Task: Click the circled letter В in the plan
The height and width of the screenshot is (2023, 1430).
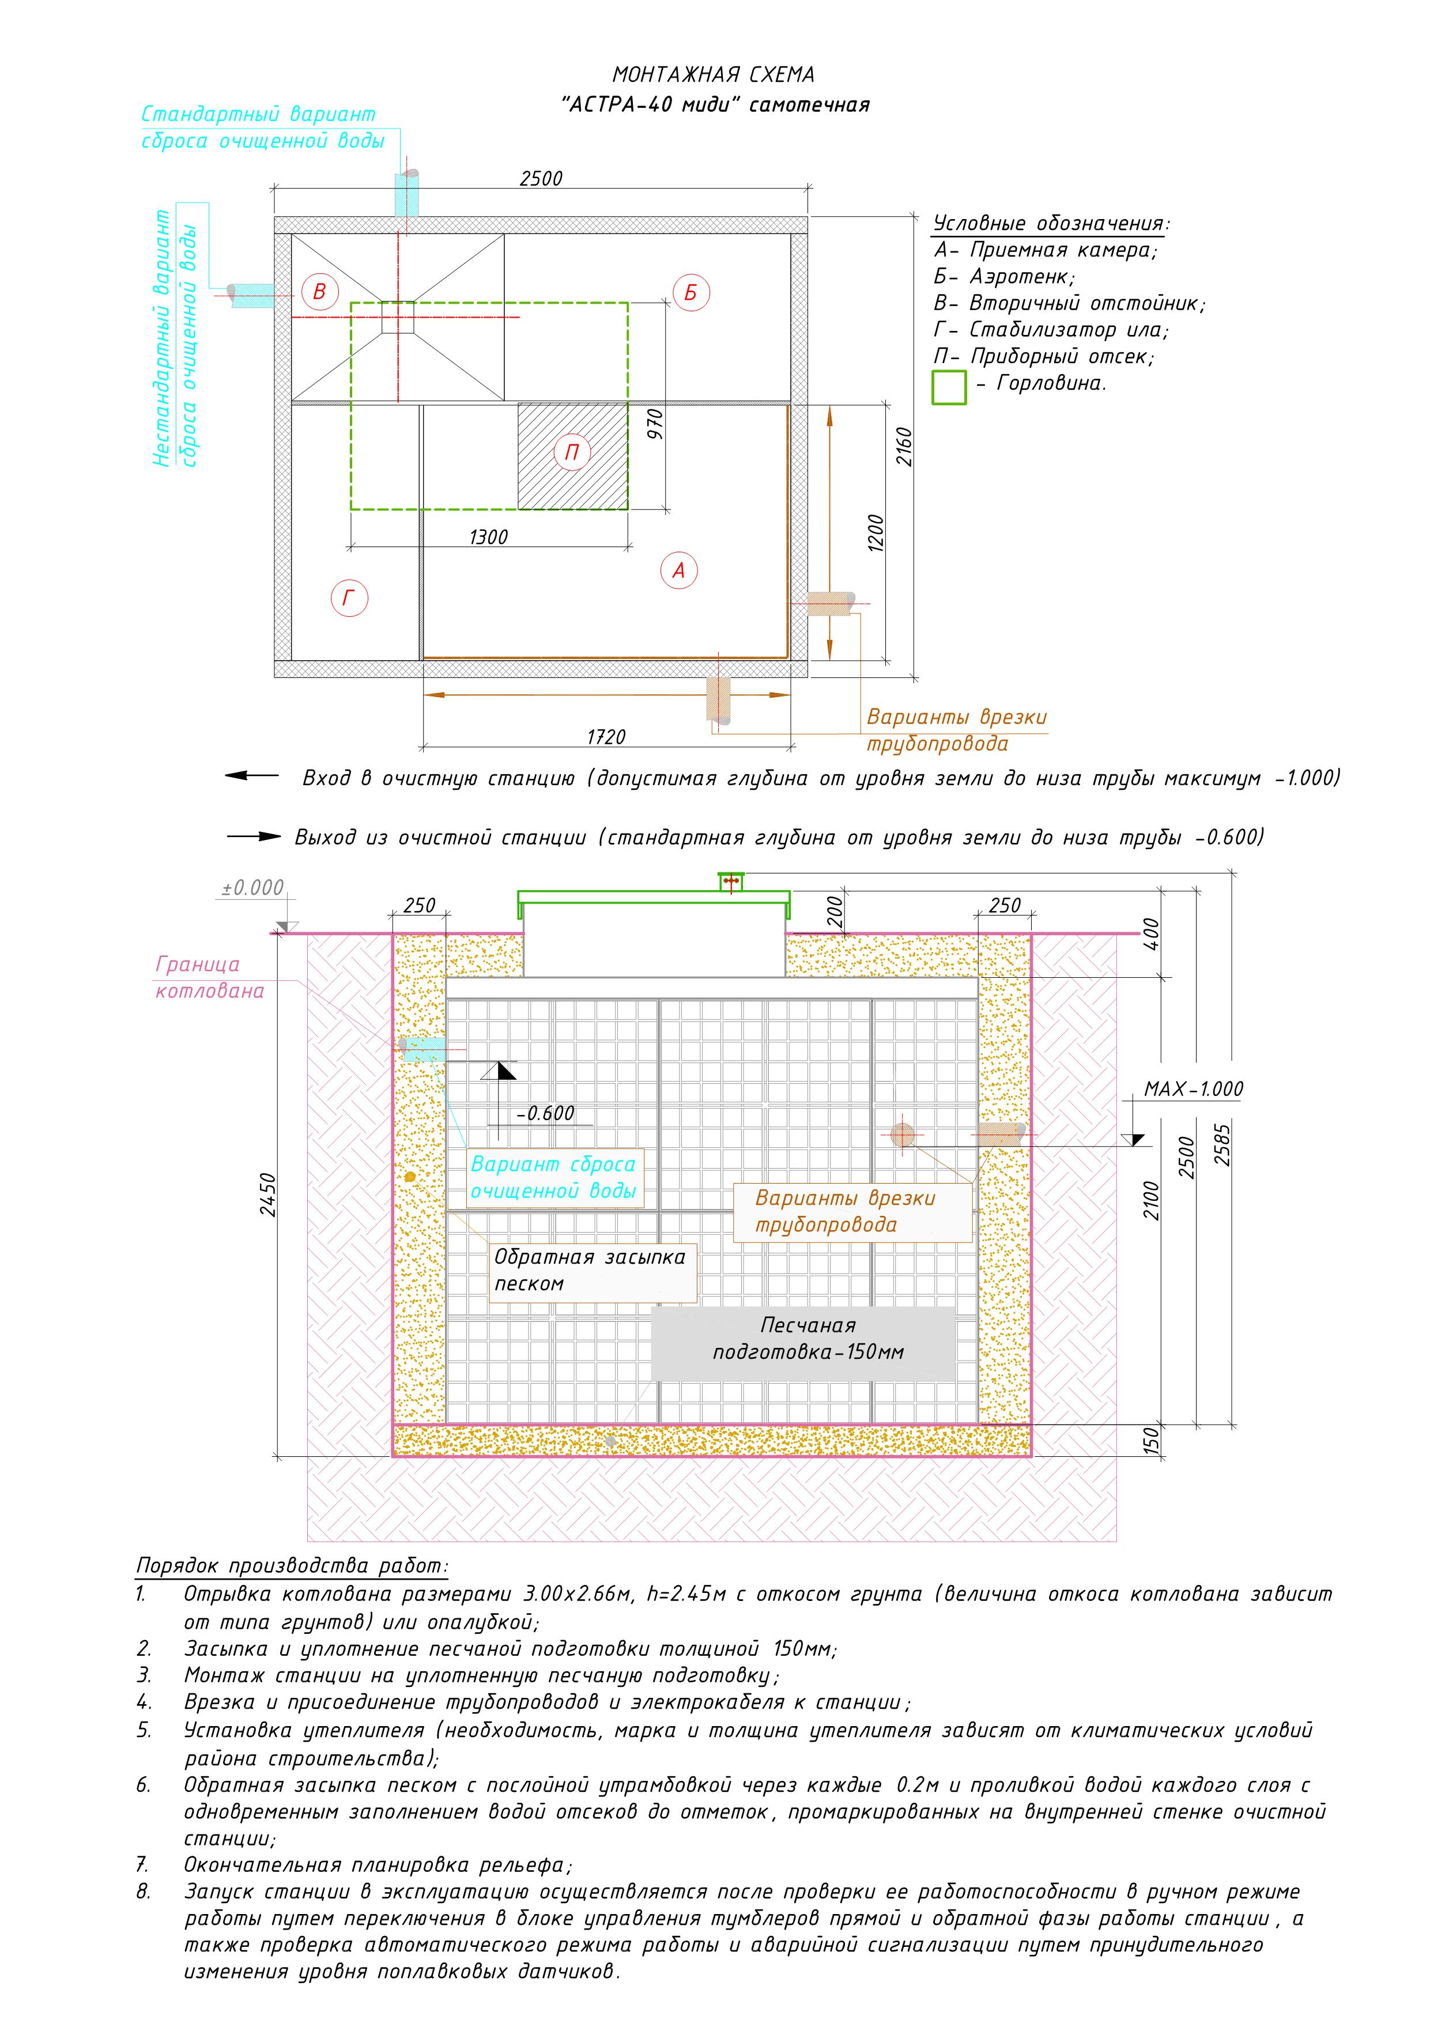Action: click(320, 292)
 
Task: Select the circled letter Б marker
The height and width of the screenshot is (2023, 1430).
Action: click(690, 292)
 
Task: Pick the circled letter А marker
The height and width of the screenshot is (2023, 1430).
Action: click(678, 570)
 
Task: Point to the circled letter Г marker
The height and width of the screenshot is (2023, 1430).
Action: click(349, 598)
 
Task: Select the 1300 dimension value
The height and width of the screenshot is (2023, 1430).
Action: click(488, 537)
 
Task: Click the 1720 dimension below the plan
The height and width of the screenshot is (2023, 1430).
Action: click(606, 737)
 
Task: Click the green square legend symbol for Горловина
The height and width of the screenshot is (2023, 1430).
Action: click(949, 387)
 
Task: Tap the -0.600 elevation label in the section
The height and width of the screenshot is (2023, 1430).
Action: click(545, 1113)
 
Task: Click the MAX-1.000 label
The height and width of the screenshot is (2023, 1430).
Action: click(1193, 1089)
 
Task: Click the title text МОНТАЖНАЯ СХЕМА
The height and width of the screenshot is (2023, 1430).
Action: click(714, 75)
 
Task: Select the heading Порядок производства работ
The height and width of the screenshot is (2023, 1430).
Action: click(292, 1566)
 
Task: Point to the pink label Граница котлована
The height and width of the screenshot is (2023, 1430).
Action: click(210, 977)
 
